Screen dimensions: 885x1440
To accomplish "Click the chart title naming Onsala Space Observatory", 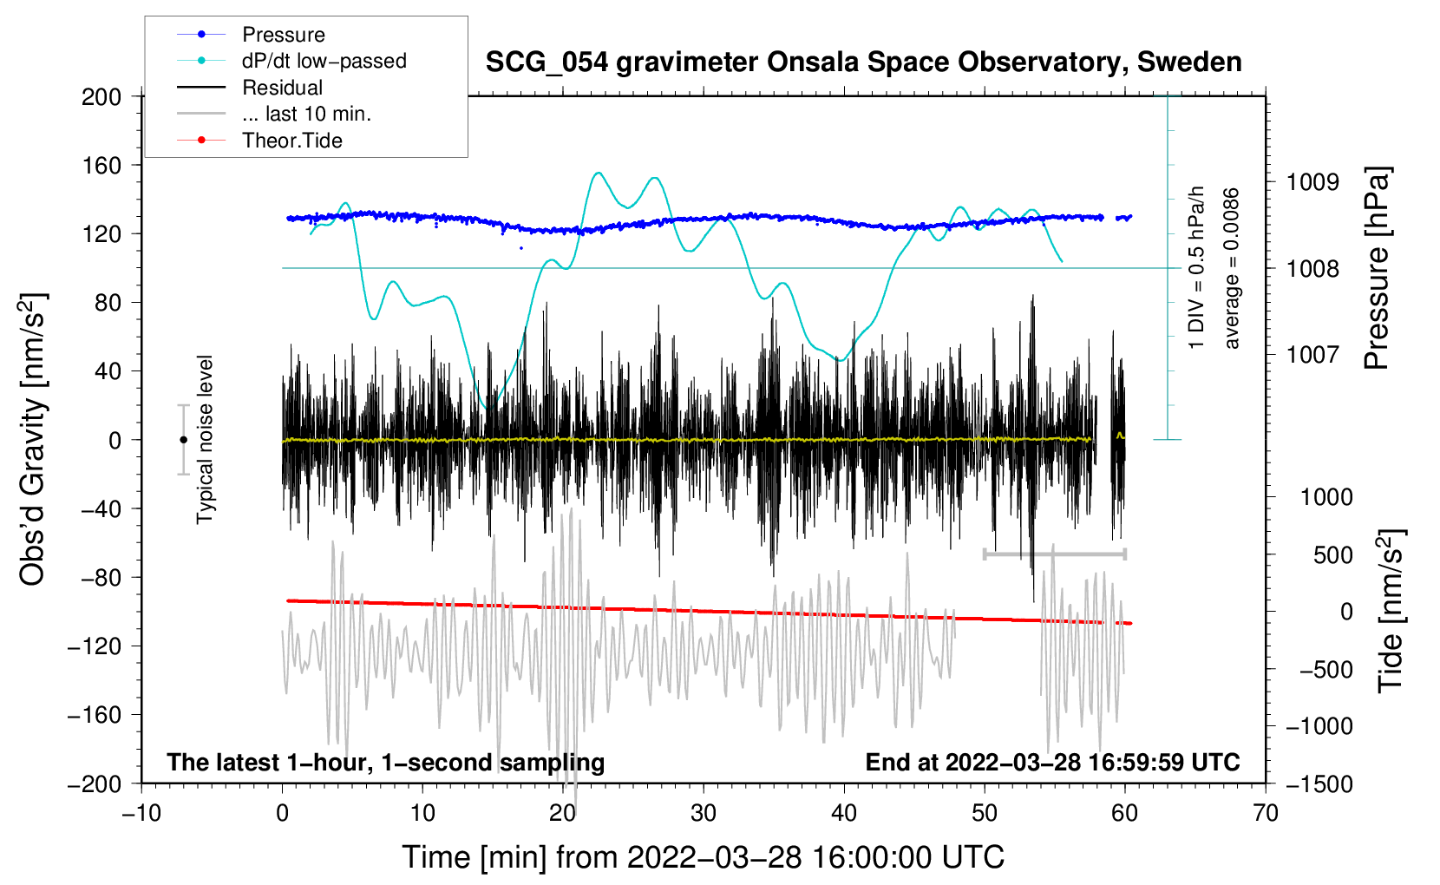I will click(863, 62).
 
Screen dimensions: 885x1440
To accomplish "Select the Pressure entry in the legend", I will click(283, 35).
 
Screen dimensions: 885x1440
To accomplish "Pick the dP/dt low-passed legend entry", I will click(324, 61).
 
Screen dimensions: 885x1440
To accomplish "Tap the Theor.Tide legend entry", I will click(291, 141).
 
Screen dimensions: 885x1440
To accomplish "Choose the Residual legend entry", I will click(282, 88).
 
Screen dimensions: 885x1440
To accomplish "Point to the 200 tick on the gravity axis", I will click(101, 96).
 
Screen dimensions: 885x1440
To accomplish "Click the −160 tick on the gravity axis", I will click(95, 715).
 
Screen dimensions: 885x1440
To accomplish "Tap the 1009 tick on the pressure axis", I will click(1312, 182).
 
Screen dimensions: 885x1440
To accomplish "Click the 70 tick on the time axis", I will click(1266, 814).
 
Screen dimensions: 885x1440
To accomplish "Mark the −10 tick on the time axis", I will click(141, 814).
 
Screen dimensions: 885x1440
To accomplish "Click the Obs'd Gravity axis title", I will click(33, 439).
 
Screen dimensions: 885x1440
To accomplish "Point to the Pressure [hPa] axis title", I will click(1378, 268).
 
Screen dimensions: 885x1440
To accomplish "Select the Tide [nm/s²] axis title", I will click(1391, 611).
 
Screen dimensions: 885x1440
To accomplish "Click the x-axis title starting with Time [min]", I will click(703, 857).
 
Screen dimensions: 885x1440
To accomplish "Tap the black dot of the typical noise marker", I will click(183, 440).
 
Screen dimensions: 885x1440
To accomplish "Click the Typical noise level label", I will click(205, 439).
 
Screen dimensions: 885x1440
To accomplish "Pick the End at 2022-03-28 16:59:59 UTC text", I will click(1052, 762).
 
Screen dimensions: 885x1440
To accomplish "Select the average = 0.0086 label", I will click(1232, 268).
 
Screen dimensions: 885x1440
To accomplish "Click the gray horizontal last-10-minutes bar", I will click(1054, 554).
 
